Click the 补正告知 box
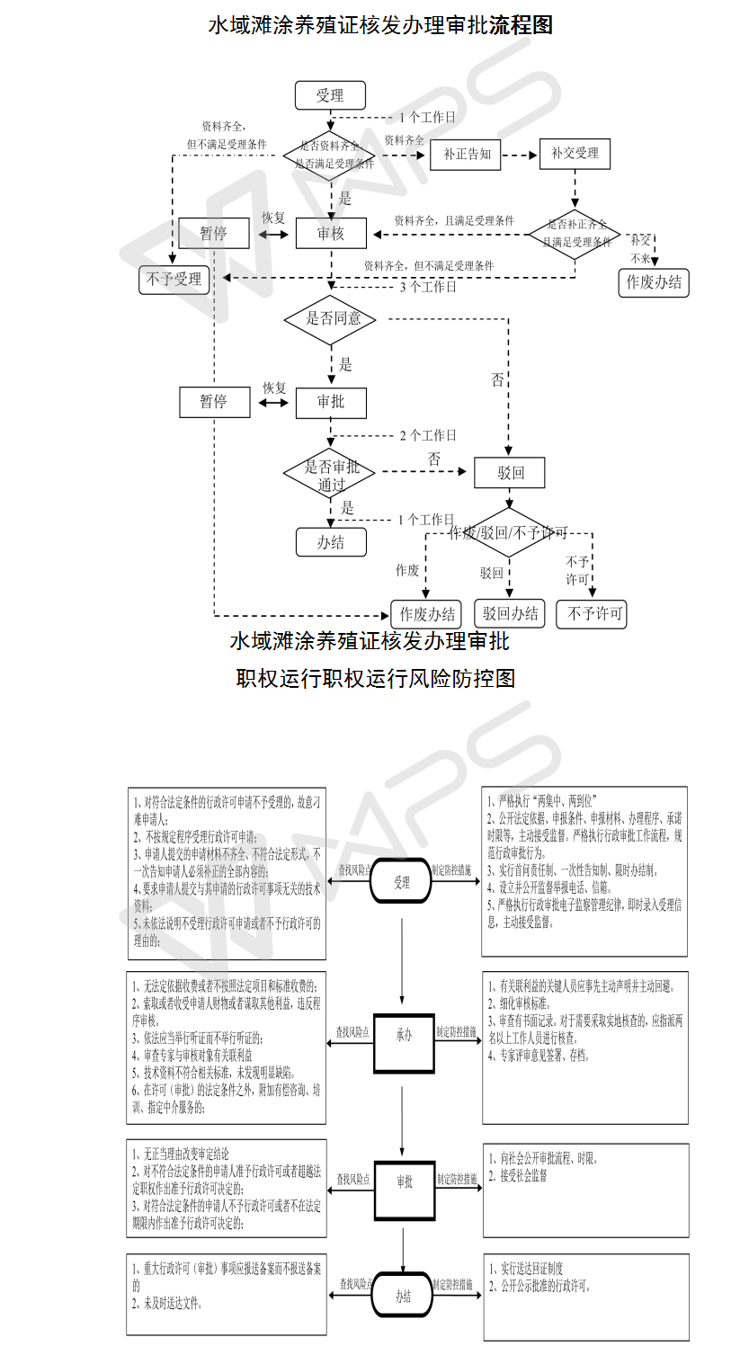click(467, 154)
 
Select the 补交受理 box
click(575, 154)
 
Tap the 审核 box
click(331, 234)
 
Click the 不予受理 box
click(174, 280)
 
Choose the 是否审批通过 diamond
click(331, 475)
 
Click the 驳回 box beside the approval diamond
click(511, 473)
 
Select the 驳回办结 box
click(511, 614)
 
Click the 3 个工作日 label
click(428, 288)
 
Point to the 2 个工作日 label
click(428, 435)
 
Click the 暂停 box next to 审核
click(213, 234)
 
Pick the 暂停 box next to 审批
click(213, 402)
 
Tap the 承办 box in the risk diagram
click(404, 1035)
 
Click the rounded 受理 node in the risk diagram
click(402, 883)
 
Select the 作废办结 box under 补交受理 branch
click(654, 282)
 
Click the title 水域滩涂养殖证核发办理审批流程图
click(380, 25)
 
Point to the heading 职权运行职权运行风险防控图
click(375, 678)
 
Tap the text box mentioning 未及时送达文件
click(226, 1294)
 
